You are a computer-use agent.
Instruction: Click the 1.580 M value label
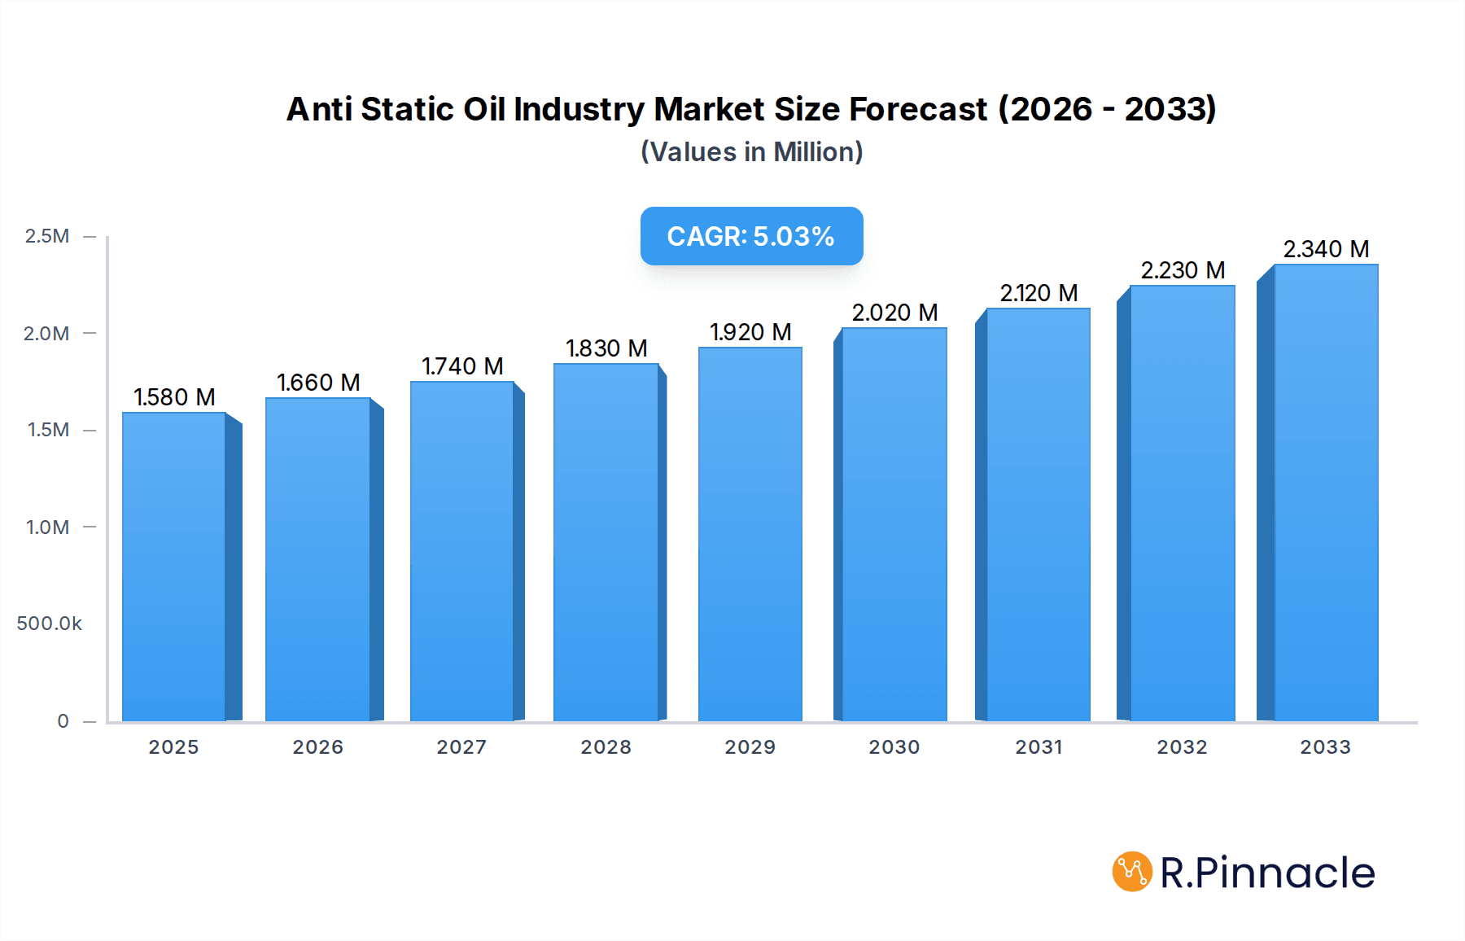click(x=174, y=397)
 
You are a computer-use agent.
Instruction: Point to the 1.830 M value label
click(x=606, y=348)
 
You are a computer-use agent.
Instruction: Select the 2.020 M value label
click(x=894, y=313)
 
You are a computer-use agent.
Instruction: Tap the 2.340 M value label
click(x=1326, y=249)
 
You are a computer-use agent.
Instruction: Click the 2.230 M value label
click(x=1183, y=270)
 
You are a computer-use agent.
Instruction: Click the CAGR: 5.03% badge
click(x=751, y=236)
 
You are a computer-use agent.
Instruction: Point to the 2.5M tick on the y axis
click(x=47, y=236)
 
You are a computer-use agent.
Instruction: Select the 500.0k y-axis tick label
click(x=49, y=624)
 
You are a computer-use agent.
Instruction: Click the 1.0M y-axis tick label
click(x=47, y=527)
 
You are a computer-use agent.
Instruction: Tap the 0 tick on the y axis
click(x=63, y=720)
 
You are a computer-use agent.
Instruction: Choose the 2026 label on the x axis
click(x=317, y=747)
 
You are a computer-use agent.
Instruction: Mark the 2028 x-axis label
click(x=606, y=747)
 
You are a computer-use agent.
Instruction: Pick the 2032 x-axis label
click(x=1182, y=747)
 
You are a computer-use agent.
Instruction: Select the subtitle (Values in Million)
click(x=751, y=152)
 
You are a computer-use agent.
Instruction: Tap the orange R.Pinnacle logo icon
click(x=1132, y=872)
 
